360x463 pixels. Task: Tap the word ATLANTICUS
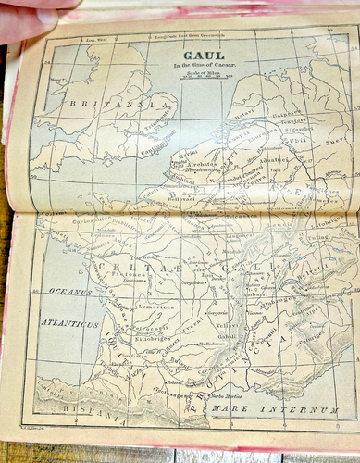[69, 325]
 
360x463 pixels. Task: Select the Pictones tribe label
[128, 273]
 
